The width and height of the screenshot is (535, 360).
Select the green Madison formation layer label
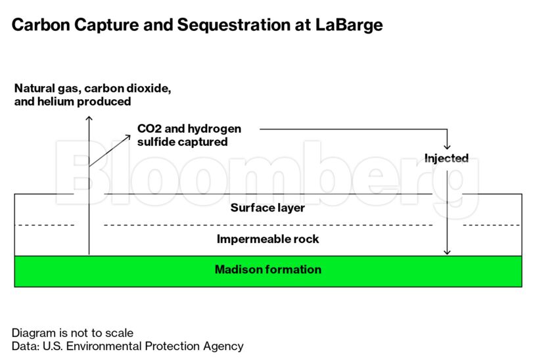[268, 269]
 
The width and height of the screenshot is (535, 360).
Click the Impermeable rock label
[268, 239]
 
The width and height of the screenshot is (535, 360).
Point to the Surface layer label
[267, 208]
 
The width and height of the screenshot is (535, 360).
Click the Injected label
[446, 158]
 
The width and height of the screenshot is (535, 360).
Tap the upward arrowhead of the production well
[89, 118]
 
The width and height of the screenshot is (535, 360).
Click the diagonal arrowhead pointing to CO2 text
[128, 137]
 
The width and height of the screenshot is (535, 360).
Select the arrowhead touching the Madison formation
[447, 252]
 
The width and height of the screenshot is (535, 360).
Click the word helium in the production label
[53, 102]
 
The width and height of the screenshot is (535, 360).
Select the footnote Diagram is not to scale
[72, 332]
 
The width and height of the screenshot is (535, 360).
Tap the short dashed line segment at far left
[44, 225]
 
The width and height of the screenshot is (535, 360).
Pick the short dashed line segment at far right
[492, 225]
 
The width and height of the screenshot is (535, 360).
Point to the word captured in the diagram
[202, 141]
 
